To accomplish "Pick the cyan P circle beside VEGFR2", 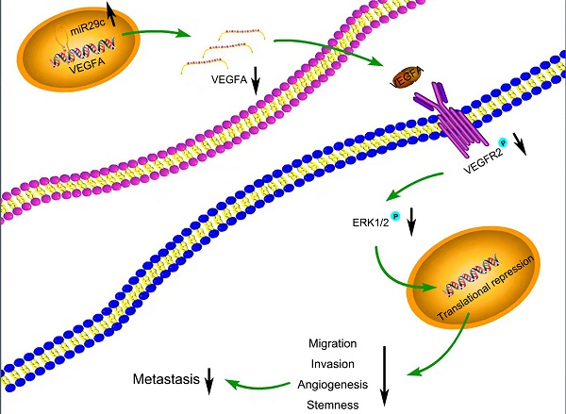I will (517, 141).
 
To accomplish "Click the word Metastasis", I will (165, 380).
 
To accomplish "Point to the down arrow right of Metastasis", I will (209, 382).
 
